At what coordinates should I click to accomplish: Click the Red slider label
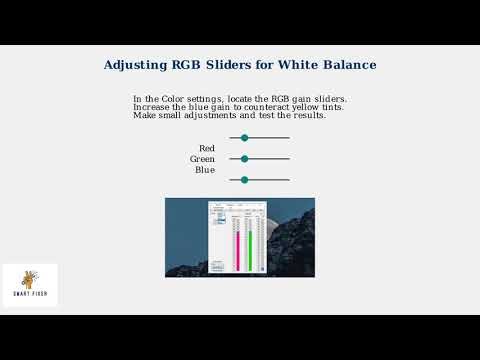[x=207, y=148]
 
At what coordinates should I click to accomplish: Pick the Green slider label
[x=203, y=159]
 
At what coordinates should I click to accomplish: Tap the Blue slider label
[x=205, y=170]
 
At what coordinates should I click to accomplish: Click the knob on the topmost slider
[x=244, y=138]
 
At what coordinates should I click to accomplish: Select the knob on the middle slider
[x=244, y=158]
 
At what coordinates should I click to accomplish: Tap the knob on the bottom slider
[x=244, y=180]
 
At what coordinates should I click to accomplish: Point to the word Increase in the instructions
[x=151, y=107]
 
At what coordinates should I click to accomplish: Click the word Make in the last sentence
[x=144, y=115]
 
